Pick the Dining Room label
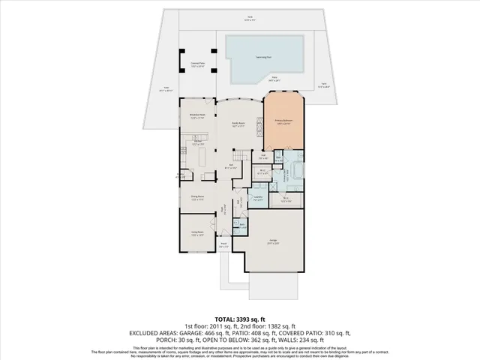tap(197, 199)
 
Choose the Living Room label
tap(197, 233)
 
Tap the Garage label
tap(273, 241)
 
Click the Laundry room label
tap(258, 198)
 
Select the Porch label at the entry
tap(223, 244)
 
